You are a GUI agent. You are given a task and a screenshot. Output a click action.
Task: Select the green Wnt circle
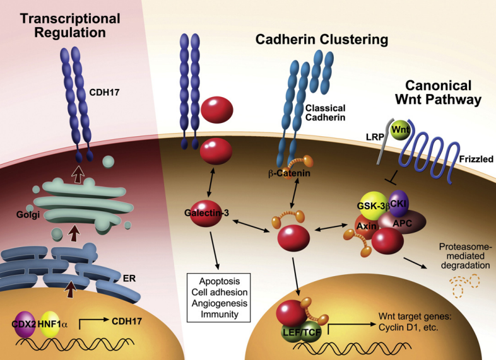pos(398,131)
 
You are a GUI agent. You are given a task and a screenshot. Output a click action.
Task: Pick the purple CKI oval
pos(399,203)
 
